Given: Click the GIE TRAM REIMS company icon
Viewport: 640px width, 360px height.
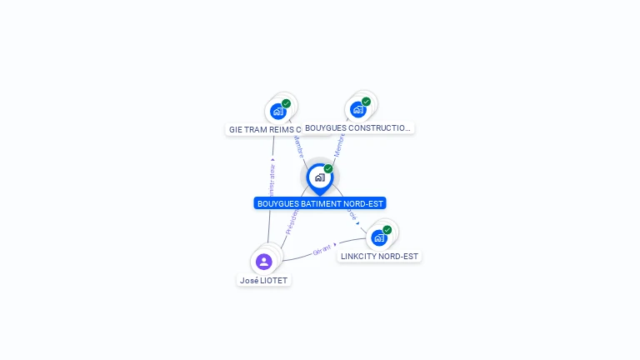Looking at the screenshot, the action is click(x=277, y=112).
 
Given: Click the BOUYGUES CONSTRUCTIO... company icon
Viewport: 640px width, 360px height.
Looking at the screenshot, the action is click(x=357, y=109).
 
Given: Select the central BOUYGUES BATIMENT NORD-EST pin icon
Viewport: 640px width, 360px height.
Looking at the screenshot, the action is click(x=319, y=177).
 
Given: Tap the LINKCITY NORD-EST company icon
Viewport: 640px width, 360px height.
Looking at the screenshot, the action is click(x=379, y=237).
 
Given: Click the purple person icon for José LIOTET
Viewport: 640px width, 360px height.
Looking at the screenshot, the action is click(x=264, y=262).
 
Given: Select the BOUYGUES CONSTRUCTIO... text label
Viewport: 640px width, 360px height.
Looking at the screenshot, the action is click(x=358, y=128).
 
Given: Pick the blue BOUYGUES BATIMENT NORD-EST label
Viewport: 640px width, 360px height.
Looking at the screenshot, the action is click(x=320, y=203).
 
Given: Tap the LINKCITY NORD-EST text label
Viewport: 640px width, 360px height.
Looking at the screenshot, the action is click(x=379, y=257).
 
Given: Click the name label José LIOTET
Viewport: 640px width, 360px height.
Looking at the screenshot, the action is click(x=263, y=281).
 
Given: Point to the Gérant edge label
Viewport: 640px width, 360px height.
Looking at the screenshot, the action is click(x=322, y=249).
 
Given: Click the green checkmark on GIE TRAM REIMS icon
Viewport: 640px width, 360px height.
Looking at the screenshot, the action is click(x=287, y=103).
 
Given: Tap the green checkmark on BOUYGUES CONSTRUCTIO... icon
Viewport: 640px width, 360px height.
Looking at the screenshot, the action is click(x=367, y=102).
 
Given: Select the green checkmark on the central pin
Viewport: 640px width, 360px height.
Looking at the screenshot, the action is click(x=328, y=169).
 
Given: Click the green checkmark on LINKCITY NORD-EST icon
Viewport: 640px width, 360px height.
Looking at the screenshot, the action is click(x=387, y=230).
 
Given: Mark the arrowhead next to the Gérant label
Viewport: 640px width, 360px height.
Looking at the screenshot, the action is click(x=335, y=245).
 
